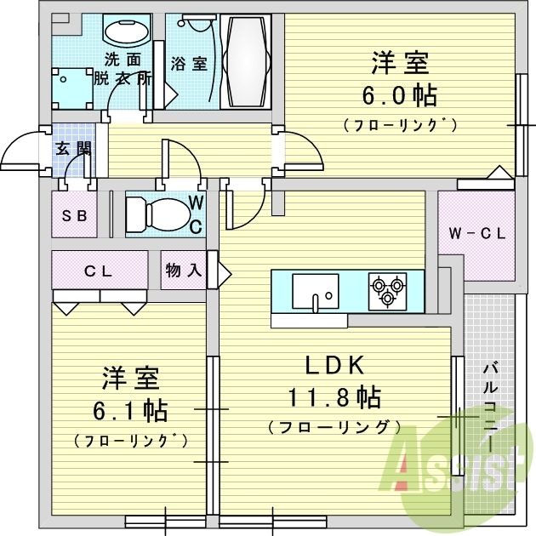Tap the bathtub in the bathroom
245,61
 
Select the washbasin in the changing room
127,30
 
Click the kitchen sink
316,291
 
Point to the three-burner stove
387,291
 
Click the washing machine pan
72,88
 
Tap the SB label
74,216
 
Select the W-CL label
476,234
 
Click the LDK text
334,366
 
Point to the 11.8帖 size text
334,397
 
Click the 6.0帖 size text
399,95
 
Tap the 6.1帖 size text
130,411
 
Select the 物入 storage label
184,271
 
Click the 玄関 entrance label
73,149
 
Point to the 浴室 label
189,64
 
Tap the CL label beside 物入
98,271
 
